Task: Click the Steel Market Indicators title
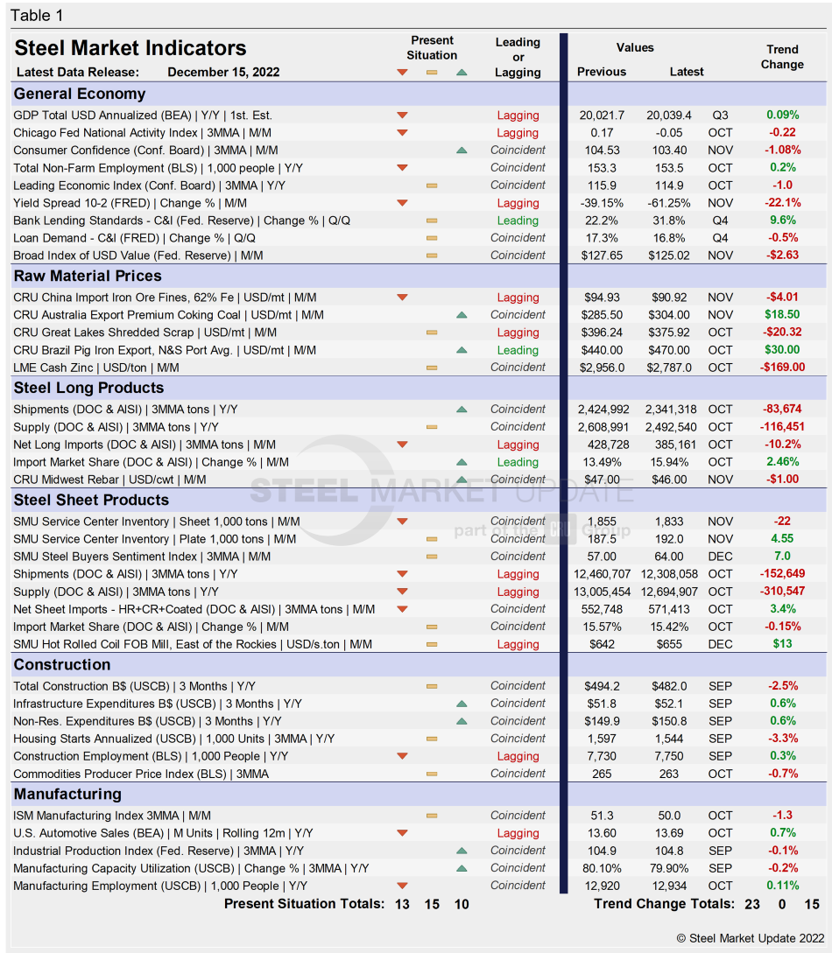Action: coord(130,48)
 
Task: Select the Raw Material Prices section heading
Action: coord(88,276)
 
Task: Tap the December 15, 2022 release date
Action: coord(223,72)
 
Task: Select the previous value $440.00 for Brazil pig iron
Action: coord(602,350)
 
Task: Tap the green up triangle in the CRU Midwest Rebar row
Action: coord(462,480)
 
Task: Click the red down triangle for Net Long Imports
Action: coord(402,445)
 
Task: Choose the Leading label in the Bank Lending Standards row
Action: coord(518,221)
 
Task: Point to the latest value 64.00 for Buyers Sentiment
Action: coord(669,557)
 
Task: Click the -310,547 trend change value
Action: coord(782,592)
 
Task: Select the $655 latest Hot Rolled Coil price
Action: coord(669,644)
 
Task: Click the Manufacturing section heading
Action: coord(67,794)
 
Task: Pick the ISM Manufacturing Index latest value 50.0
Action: coord(669,816)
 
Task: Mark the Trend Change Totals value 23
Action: coord(752,904)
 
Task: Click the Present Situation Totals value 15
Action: coord(432,904)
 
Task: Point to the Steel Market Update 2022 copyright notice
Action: coord(751,938)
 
